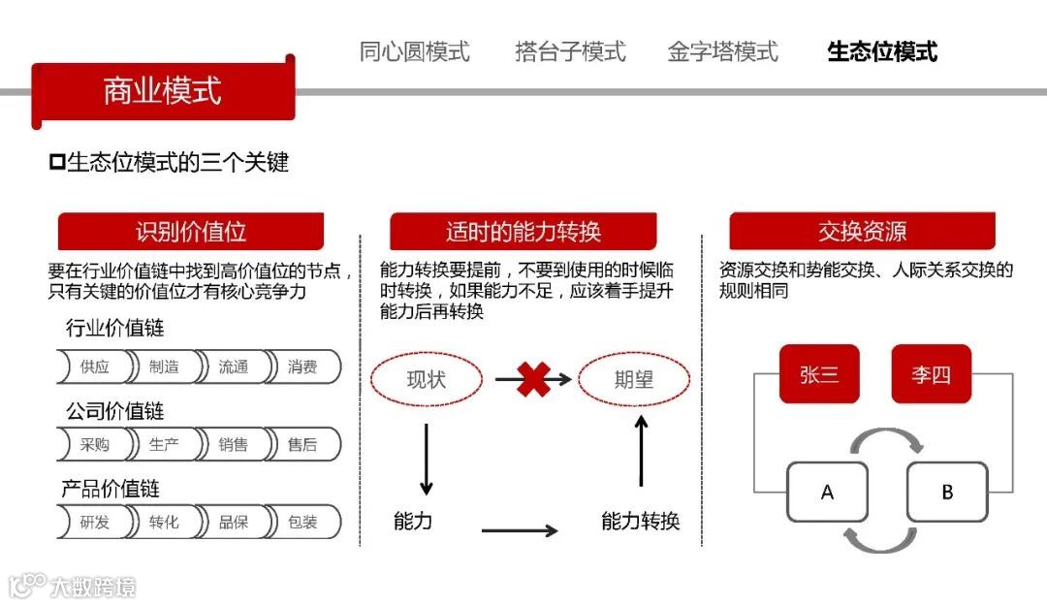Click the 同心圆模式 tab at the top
click(414, 51)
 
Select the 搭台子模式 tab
click(570, 51)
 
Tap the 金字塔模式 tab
click(722, 51)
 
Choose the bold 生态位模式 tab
click(882, 51)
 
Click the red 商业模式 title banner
click(163, 91)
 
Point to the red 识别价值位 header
click(191, 232)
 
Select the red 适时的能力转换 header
click(523, 232)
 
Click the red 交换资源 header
click(862, 232)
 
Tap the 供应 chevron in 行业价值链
click(95, 367)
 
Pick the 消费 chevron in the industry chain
click(302, 367)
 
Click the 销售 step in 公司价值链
click(233, 445)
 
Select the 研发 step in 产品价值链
click(95, 522)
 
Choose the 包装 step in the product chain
click(302, 522)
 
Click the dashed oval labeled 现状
click(426, 379)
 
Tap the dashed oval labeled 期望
click(634, 379)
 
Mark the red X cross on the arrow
click(533, 379)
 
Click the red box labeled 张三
click(819, 374)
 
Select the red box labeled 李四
click(931, 374)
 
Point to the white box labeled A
click(827, 492)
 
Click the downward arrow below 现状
click(426, 458)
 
